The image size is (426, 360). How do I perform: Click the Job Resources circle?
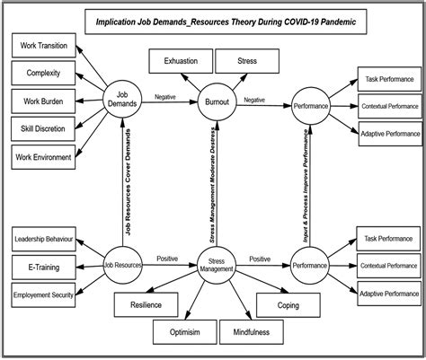[123, 266]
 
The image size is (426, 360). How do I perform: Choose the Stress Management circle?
[216, 267]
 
